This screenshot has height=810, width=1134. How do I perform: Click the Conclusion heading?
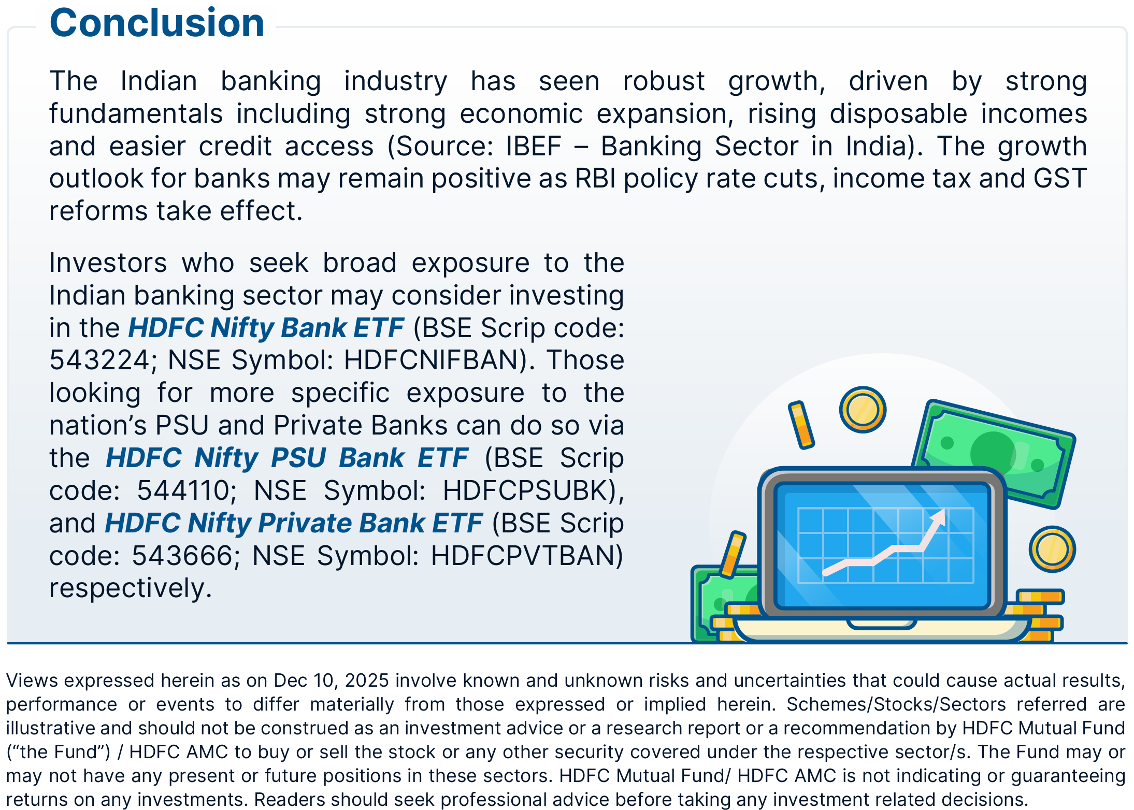click(x=157, y=23)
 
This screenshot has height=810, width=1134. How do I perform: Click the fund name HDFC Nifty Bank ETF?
click(x=266, y=328)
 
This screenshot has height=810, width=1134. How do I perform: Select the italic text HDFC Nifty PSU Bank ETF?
click(x=287, y=458)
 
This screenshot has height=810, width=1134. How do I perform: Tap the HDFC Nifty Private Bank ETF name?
click(x=294, y=523)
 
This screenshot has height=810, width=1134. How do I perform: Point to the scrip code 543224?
click(x=99, y=360)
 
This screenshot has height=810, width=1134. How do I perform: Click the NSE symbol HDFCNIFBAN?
click(x=431, y=360)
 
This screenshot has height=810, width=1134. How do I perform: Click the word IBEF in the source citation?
click(x=534, y=146)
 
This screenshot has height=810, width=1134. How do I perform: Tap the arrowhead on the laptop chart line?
click(x=938, y=517)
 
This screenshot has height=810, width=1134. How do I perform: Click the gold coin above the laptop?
click(x=863, y=410)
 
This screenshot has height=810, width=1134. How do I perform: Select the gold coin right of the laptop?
click(x=1052, y=549)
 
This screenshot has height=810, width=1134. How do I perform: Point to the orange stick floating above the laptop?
click(x=801, y=425)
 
